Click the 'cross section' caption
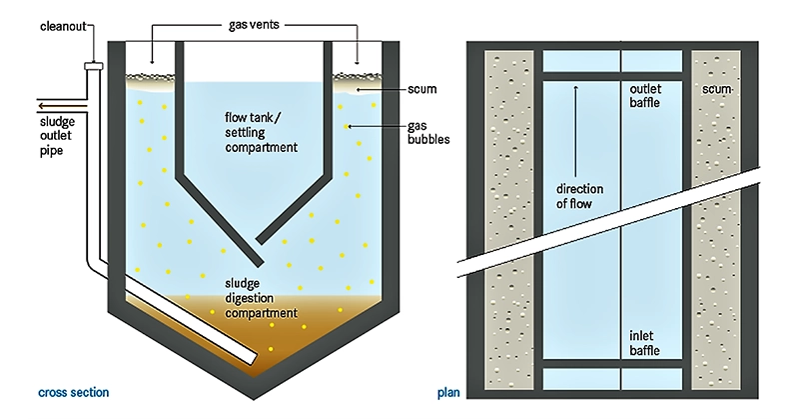click(72, 392)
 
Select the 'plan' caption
click(448, 392)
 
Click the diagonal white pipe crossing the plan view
click(619, 220)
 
